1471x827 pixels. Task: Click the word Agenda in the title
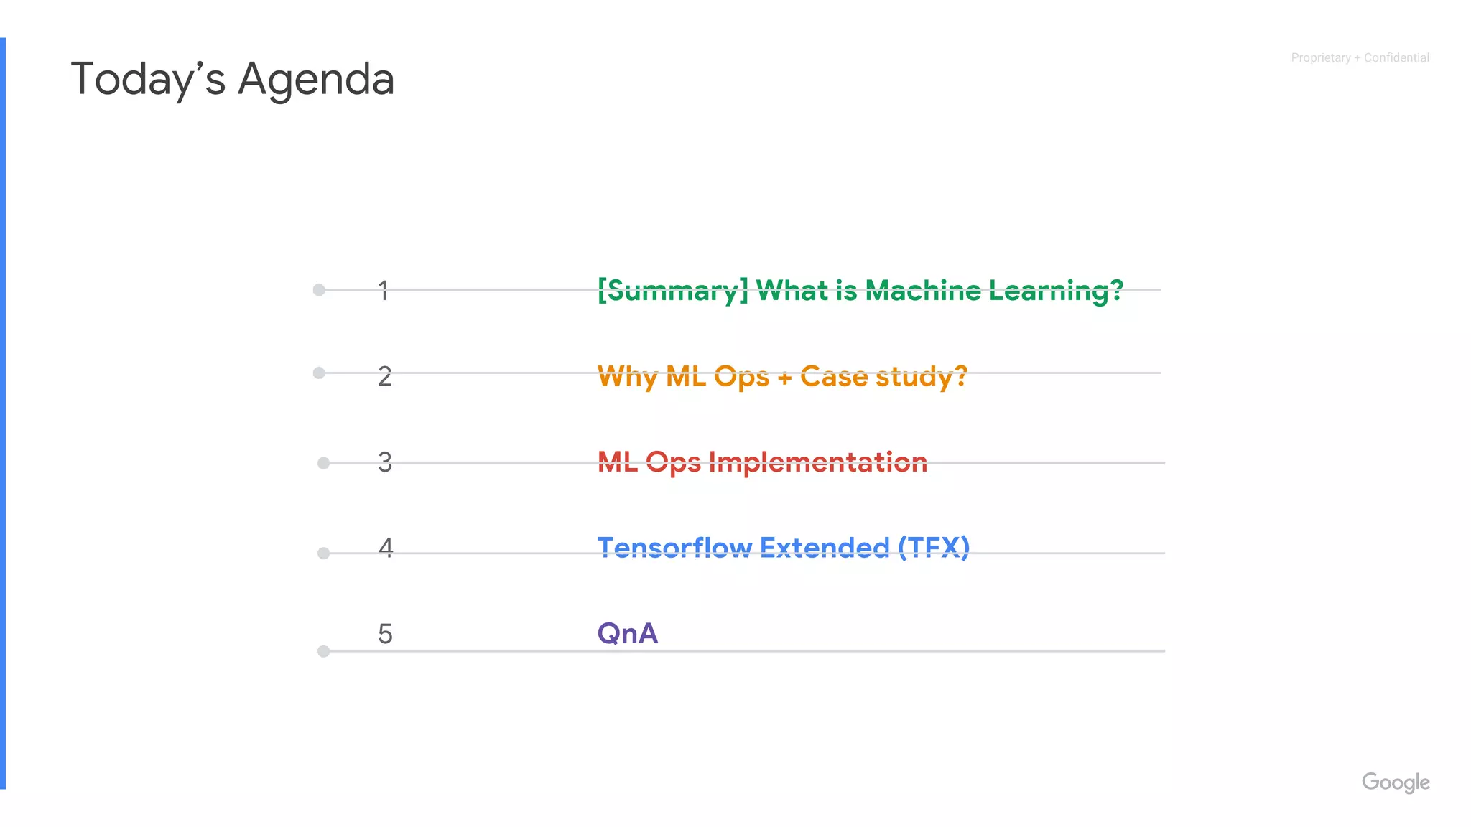coord(316,79)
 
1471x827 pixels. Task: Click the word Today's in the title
coord(147,79)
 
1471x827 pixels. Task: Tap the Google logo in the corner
coord(1395,782)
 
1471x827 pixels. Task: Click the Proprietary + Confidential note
coord(1360,57)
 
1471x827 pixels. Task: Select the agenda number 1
coord(384,291)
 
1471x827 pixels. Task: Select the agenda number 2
coord(385,376)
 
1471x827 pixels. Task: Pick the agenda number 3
coord(385,462)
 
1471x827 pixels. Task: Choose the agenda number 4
coord(386,548)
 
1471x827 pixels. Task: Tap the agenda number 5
coord(385,634)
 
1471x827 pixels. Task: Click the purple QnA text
coord(628,633)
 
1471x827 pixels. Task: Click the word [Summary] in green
coord(672,291)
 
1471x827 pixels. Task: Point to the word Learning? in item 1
coord(1055,291)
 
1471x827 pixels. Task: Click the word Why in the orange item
coord(627,376)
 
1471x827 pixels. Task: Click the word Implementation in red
coord(818,462)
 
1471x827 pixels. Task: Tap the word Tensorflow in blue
coord(674,548)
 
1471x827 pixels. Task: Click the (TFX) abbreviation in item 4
coord(933,548)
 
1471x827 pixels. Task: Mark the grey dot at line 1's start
coord(319,290)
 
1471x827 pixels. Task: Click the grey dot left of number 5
coord(324,651)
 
